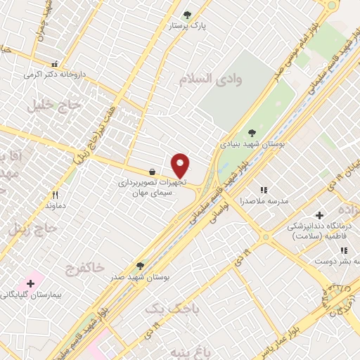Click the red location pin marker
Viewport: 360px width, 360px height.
tap(181, 166)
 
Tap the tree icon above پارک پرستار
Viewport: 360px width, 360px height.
tap(186, 14)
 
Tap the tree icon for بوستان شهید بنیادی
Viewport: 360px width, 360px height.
tap(252, 132)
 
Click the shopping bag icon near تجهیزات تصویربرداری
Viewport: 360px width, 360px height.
tap(152, 172)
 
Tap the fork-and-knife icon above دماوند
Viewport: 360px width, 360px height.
tap(55, 195)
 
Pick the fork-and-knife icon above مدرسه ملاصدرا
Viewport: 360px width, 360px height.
tap(264, 190)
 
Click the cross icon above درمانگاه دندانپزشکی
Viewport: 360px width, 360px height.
tap(319, 215)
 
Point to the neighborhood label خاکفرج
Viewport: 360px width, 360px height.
tap(84, 267)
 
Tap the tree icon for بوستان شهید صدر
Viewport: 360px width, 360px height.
tap(140, 266)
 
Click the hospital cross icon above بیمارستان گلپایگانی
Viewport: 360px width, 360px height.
tap(30, 283)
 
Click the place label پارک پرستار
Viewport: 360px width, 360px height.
tap(187, 26)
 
